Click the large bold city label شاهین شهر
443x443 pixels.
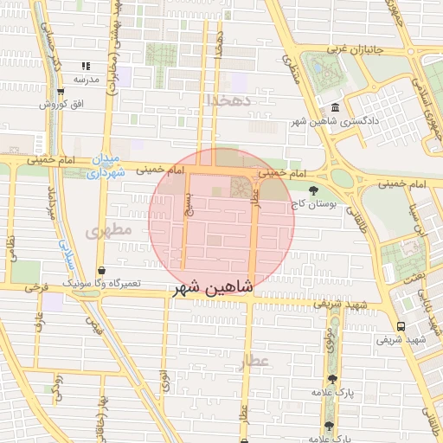213,288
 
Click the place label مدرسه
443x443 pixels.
87,79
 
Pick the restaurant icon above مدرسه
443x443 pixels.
85,66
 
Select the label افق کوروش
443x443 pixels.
61,104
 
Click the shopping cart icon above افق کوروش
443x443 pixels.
60,91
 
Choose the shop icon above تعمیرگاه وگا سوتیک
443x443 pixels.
101,270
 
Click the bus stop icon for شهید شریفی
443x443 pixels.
400,325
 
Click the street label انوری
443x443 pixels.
164,380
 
